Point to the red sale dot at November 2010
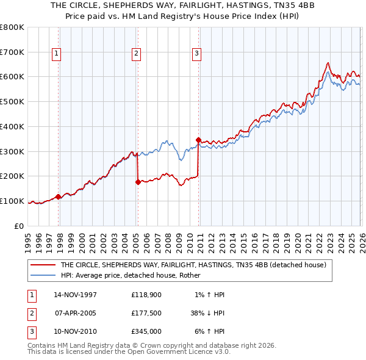(x=199, y=140)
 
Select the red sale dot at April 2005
(x=138, y=181)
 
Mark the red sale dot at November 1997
(x=59, y=196)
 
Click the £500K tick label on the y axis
(x=12, y=101)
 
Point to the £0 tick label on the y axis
(x=19, y=226)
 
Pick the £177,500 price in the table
(x=146, y=313)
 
